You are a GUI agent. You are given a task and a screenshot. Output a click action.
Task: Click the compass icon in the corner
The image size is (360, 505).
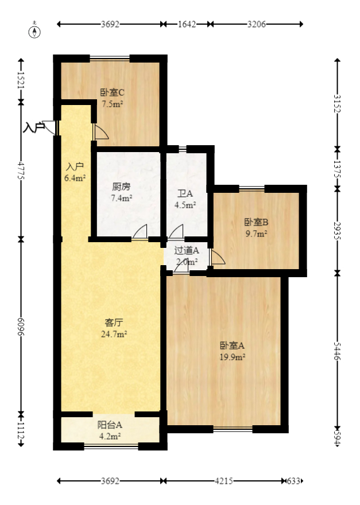click(36, 31)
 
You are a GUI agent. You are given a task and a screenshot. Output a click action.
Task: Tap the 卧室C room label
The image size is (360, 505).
click(113, 92)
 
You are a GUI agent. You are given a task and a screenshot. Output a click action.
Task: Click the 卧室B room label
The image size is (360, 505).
click(256, 222)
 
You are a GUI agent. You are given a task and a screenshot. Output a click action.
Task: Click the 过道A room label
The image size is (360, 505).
click(187, 250)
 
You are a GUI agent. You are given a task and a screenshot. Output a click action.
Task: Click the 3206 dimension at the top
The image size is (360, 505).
click(257, 24)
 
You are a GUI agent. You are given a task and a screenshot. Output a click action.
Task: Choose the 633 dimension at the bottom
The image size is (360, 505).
click(294, 481)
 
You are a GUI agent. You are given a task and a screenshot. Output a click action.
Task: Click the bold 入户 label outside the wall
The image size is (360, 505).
click(33, 127)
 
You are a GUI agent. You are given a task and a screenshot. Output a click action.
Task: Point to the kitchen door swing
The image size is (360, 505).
click(140, 232)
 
